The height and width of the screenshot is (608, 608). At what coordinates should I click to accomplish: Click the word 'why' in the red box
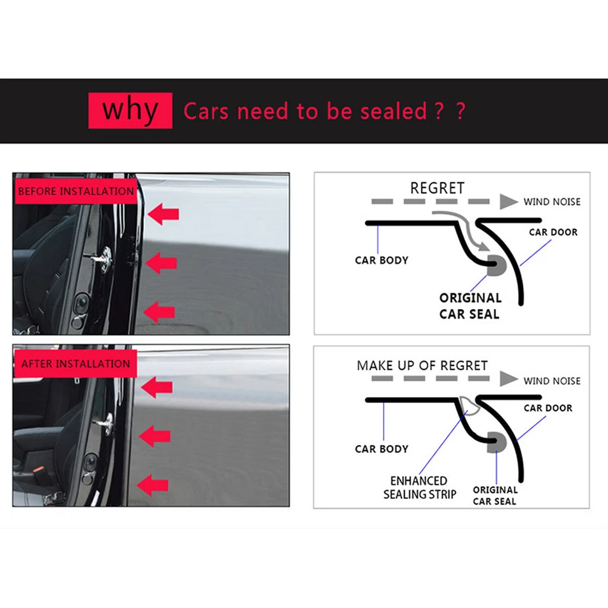pyautogui.click(x=130, y=110)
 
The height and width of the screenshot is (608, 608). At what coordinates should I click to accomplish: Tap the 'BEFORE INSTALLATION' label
pyautogui.click(x=75, y=191)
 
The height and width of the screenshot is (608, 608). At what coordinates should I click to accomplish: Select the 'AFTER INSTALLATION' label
pyautogui.click(x=75, y=364)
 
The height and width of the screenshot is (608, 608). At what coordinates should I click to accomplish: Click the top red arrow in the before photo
pyautogui.click(x=163, y=215)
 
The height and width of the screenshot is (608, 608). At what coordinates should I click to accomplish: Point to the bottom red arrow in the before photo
pyautogui.click(x=159, y=311)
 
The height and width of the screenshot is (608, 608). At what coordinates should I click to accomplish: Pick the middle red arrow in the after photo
pyautogui.click(x=155, y=436)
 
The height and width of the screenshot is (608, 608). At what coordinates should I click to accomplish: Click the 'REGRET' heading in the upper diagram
pyautogui.click(x=437, y=188)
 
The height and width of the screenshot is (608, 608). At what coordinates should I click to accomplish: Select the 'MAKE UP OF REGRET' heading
pyautogui.click(x=422, y=365)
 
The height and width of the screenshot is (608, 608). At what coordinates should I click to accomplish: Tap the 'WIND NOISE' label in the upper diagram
pyautogui.click(x=552, y=202)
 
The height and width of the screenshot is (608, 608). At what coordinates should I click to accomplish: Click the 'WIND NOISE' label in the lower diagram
pyautogui.click(x=552, y=381)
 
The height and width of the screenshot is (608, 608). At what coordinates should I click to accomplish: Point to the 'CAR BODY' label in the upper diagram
pyautogui.click(x=381, y=260)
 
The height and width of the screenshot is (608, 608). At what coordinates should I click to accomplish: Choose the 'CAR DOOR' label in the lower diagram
pyautogui.click(x=547, y=408)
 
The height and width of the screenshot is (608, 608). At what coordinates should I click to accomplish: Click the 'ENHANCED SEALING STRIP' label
pyautogui.click(x=419, y=487)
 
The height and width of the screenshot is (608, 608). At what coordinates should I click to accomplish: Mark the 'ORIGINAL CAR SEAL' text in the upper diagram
pyautogui.click(x=470, y=305)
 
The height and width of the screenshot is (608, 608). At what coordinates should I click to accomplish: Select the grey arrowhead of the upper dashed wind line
pyautogui.click(x=508, y=202)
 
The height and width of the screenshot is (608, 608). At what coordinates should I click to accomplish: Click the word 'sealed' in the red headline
pyautogui.click(x=393, y=111)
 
